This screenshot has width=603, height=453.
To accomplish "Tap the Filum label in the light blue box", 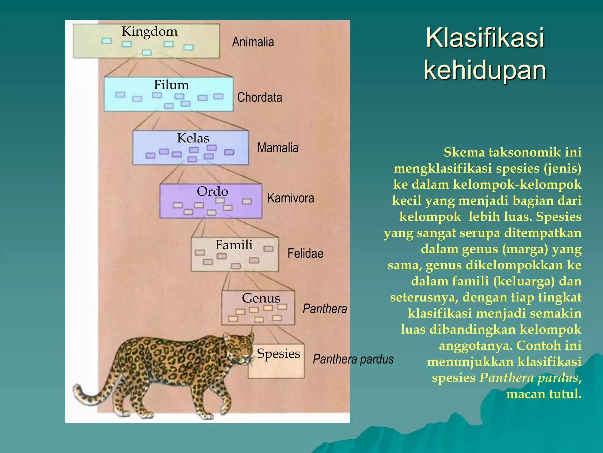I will point(171,85).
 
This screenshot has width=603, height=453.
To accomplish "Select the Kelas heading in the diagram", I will point(193,138).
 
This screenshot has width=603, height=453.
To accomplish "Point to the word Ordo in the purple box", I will point(212,191).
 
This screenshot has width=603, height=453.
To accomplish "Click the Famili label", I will point(234,245).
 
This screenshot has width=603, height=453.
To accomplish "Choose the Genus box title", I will point(261,298).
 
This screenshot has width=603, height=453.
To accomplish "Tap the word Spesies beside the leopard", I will point(278,353).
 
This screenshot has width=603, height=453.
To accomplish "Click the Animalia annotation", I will point(253,42).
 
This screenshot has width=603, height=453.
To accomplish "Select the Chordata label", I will point(259,97).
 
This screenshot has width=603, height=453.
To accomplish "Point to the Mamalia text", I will point(278,148).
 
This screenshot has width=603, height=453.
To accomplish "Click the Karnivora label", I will point(291,198).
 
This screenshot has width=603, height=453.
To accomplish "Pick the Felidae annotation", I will point(305,253).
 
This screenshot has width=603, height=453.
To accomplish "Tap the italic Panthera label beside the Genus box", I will point(325,309).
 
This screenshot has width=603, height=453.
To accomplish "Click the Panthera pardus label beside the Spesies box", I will point(353,359).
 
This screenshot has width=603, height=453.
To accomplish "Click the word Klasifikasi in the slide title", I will point(485,38).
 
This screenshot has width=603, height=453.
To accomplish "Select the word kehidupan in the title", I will point(485,70).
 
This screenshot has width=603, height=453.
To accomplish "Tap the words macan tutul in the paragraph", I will point(544,394).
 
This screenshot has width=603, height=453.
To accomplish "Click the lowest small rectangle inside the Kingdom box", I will point(147,53).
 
